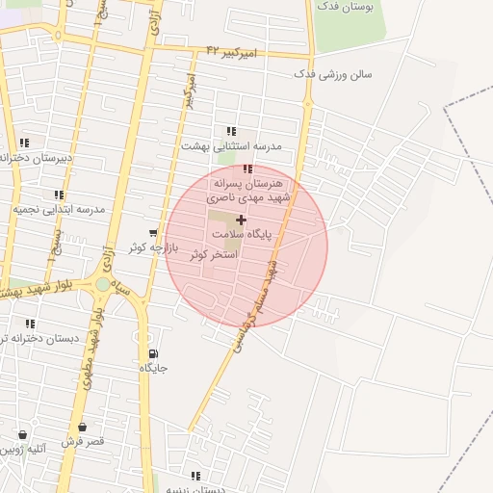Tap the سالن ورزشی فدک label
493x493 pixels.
click(332, 74)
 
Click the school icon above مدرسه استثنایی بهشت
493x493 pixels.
click(230, 131)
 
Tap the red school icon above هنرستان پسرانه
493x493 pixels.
click(248, 169)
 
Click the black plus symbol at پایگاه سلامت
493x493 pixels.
click(241, 220)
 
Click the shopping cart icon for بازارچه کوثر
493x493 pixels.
click(153, 233)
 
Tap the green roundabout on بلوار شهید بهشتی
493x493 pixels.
click(103, 285)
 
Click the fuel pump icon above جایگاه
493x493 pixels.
click(153, 353)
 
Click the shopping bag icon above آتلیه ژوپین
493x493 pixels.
click(21, 435)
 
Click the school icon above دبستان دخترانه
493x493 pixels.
click(30, 324)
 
